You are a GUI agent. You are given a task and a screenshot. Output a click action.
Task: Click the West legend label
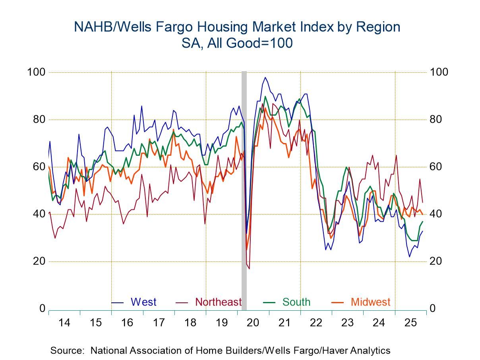(x=143, y=302)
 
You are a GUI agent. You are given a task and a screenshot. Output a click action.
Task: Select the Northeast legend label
(x=218, y=302)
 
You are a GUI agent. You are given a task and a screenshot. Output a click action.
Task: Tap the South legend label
(x=296, y=302)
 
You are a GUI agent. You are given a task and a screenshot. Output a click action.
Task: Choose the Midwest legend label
(x=370, y=302)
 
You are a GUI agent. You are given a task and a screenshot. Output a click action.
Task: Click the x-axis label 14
(x=64, y=322)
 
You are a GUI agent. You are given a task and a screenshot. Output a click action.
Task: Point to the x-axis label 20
(x=253, y=322)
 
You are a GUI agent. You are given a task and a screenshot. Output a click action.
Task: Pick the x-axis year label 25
(x=410, y=322)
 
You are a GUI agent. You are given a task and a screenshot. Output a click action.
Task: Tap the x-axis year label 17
(x=159, y=322)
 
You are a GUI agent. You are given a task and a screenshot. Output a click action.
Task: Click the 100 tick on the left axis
(x=36, y=72)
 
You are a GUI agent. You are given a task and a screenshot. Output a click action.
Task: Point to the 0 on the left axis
(x=42, y=309)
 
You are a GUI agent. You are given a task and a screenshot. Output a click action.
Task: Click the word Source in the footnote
(x=67, y=350)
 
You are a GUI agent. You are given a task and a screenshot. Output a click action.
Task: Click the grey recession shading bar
(x=244, y=191)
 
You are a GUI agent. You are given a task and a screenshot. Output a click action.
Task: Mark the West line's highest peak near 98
(x=265, y=77)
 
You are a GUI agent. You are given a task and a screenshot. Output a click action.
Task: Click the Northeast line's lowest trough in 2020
(x=249, y=269)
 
